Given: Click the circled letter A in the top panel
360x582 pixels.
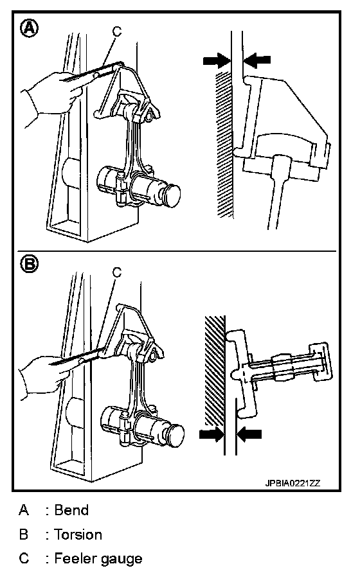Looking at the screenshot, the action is [29, 28].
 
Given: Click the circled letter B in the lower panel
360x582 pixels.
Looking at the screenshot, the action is [29, 265].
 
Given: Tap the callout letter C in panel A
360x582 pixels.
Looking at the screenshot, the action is [117, 32].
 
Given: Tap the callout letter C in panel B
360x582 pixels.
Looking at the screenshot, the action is [117, 273].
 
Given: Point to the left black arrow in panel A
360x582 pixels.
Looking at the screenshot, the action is [217, 60].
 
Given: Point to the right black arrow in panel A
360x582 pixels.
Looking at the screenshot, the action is [256, 60].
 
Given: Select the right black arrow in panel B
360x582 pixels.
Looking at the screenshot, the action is [249, 434].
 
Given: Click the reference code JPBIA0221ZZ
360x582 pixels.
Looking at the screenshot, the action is [292, 483].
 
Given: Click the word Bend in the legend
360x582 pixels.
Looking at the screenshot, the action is [71, 510].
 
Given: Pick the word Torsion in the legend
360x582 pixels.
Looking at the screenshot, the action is [78, 534].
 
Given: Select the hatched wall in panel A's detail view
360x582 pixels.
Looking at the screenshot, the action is [224, 145].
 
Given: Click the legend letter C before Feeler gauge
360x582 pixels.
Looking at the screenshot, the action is [24, 558].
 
